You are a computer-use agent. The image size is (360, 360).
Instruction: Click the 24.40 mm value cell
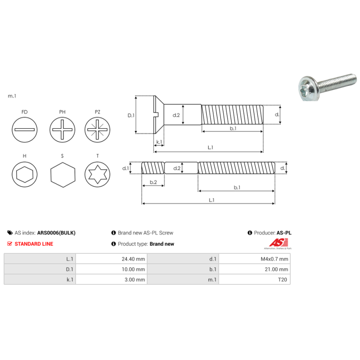coord(112,259)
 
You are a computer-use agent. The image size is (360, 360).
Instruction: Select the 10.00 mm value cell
coord(112,269)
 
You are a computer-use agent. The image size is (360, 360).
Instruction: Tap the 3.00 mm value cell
coord(112,279)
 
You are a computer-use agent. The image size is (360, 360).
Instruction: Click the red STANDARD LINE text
coord(34,244)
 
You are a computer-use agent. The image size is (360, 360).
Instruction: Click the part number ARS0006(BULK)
coord(56,233)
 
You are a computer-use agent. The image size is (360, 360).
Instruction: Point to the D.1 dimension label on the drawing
coord(131,115)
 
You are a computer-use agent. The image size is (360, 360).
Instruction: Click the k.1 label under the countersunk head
coord(159,142)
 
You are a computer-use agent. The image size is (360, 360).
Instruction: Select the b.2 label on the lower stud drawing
coord(153,182)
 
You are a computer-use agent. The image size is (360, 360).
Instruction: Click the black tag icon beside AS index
coord(10,233)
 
